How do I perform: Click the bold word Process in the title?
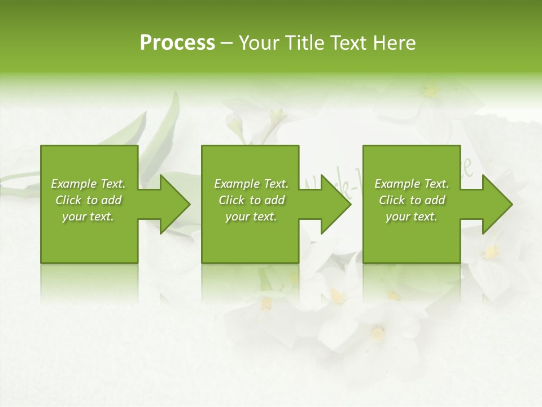click(x=177, y=43)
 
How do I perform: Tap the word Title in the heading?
click(x=304, y=43)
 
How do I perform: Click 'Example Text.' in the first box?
click(x=88, y=184)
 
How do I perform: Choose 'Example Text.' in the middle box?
click(x=251, y=184)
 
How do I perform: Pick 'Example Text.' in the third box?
click(x=412, y=184)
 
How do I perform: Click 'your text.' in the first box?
click(x=88, y=217)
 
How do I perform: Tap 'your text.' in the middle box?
click(x=251, y=217)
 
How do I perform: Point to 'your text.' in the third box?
click(x=412, y=217)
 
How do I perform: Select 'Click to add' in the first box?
click(x=88, y=200)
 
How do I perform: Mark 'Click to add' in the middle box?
click(x=251, y=200)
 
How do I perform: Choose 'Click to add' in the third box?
click(x=412, y=200)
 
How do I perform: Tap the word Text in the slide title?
click(x=347, y=43)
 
